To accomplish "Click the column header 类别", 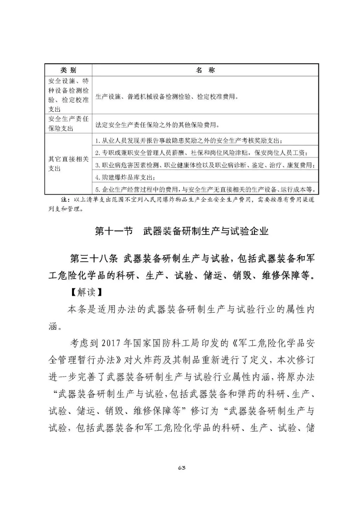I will tap(68, 70).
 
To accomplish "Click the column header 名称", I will tap(205, 70).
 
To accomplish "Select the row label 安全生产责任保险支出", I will tap(68, 124).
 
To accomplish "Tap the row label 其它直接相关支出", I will tap(68, 164).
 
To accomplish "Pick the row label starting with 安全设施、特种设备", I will tap(68, 95).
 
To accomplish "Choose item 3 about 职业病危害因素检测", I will tap(205, 165).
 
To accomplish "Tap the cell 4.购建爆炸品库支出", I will tap(125, 177).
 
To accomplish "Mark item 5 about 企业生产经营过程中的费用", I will tap(205, 189).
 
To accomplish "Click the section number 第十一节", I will tap(114, 231).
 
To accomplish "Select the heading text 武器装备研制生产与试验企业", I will tap(206, 231).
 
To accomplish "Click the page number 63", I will tap(182, 468).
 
